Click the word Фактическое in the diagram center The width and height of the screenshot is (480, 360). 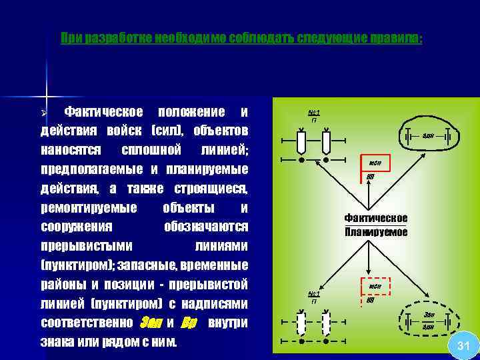[x=376, y=218]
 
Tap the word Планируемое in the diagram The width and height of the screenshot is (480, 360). [x=376, y=232]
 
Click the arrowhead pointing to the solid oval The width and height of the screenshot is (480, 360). [x=424, y=155]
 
